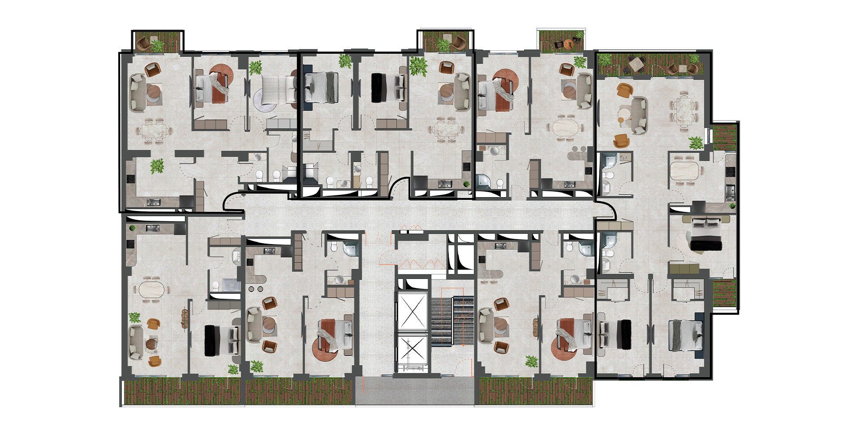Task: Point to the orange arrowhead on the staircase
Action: tap(463, 345)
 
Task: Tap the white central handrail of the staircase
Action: tap(452, 320)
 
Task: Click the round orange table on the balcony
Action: tap(569, 44)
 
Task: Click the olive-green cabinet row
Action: tap(684, 269)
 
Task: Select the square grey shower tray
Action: tap(232, 284)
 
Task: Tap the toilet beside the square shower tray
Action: tap(215, 285)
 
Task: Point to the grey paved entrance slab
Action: tap(415, 391)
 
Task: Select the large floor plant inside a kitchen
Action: tap(157, 166)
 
